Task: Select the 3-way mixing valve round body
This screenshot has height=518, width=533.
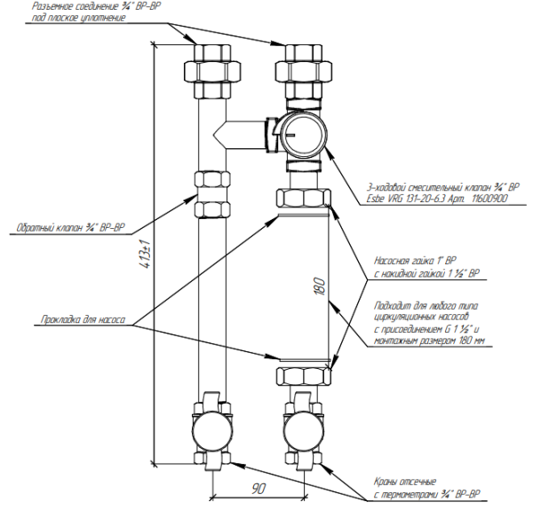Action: (302, 134)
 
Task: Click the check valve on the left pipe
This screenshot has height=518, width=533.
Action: (211, 194)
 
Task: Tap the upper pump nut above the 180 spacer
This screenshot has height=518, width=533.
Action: (302, 200)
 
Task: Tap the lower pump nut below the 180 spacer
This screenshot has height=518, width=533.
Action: (302, 375)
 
